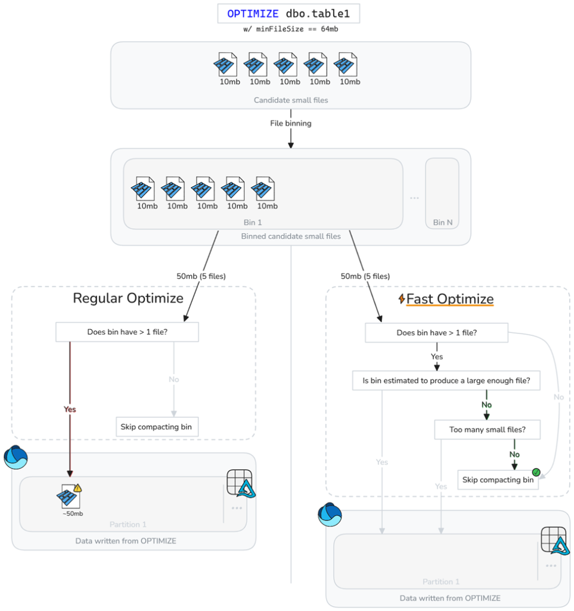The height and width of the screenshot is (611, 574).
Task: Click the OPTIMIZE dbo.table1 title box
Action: click(x=289, y=13)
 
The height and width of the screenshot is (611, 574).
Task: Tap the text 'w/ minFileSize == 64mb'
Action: click(x=291, y=29)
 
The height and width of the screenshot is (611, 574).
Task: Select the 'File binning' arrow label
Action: click(x=291, y=124)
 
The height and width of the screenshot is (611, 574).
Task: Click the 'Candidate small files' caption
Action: click(x=291, y=100)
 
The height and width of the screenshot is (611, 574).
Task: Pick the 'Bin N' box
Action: click(x=442, y=193)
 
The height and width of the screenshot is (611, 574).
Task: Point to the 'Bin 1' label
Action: click(x=253, y=222)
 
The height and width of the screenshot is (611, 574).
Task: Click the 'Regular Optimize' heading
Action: click(x=128, y=298)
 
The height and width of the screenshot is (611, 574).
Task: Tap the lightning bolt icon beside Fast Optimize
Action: click(x=402, y=299)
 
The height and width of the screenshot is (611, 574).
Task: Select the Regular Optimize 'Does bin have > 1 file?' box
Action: click(x=126, y=332)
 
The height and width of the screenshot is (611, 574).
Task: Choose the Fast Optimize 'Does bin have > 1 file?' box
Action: click(x=436, y=333)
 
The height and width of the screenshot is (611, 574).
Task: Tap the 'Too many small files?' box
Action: click(x=487, y=429)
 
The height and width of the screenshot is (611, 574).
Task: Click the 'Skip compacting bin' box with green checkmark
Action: click(x=498, y=480)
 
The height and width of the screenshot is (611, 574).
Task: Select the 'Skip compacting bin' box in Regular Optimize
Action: click(x=157, y=427)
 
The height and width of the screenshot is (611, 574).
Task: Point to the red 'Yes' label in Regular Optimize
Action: click(x=70, y=409)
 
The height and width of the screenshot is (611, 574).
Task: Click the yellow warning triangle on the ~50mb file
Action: click(x=78, y=488)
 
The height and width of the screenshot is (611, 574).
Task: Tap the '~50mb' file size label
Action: click(x=73, y=513)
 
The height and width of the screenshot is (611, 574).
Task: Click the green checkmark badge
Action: click(x=536, y=473)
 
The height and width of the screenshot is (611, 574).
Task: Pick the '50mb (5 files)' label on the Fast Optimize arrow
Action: click(x=365, y=276)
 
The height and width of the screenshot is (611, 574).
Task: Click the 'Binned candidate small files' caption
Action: click(x=291, y=236)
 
